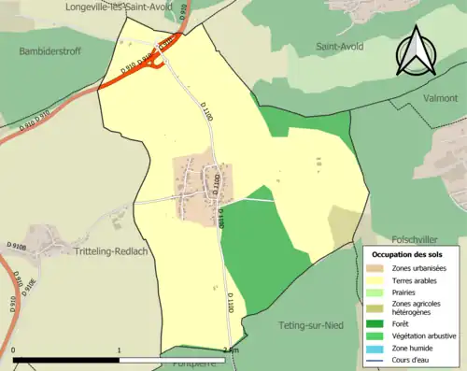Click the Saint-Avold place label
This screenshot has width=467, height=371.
[340, 46]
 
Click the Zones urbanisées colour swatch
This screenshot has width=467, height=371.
[376, 268]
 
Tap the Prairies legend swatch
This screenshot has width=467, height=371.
[376, 292]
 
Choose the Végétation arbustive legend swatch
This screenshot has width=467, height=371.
[376, 332]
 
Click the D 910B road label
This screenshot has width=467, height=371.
[17, 245]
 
